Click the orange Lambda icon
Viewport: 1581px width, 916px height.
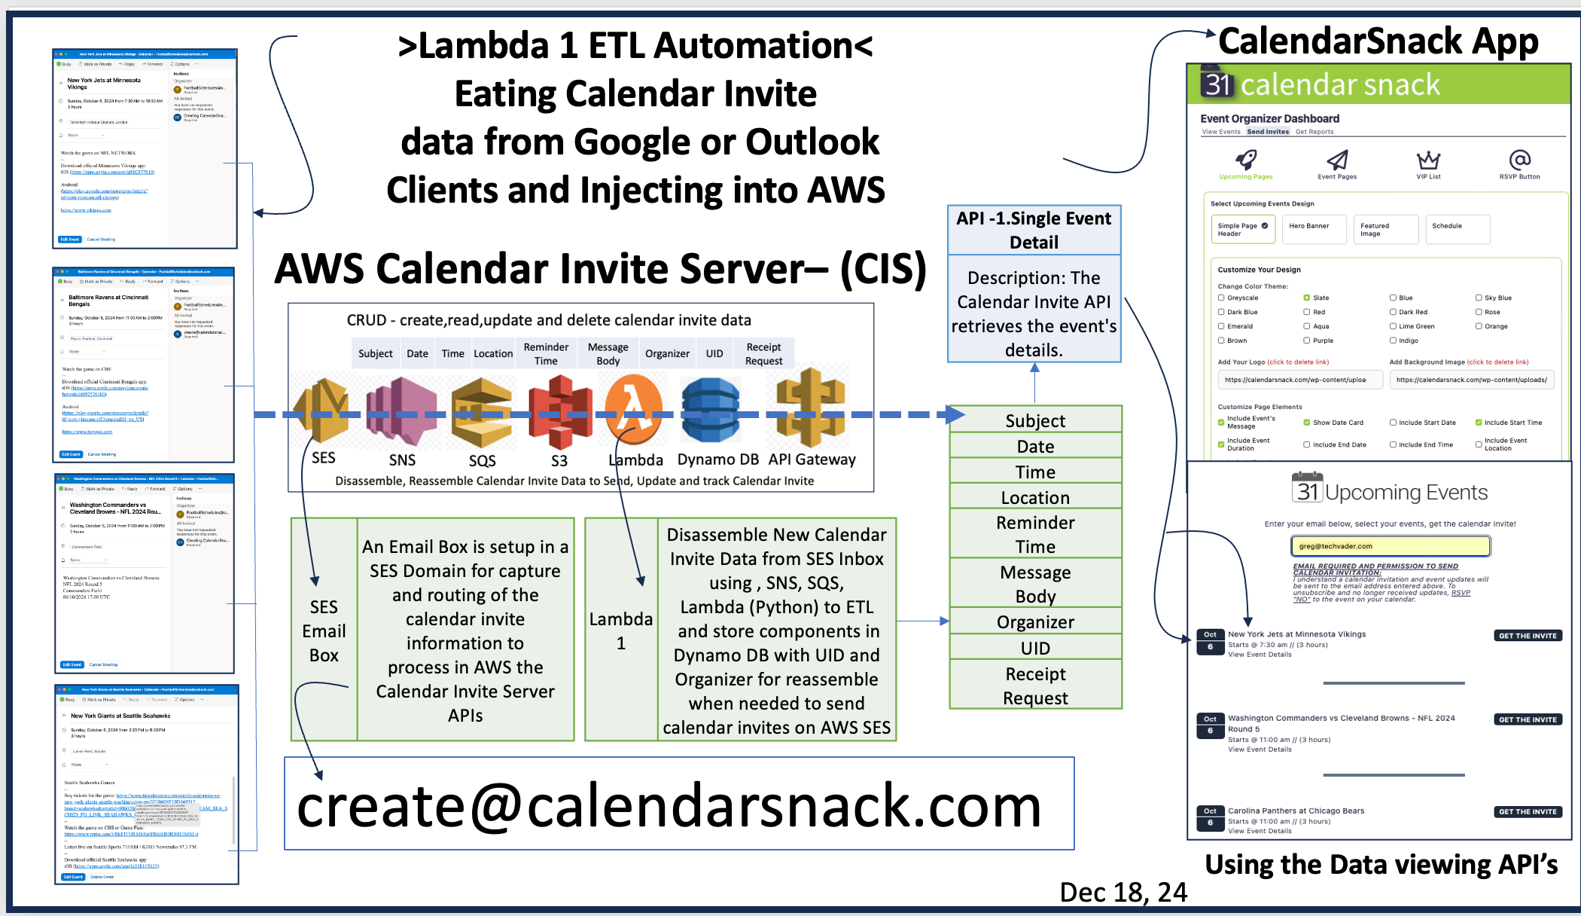634,411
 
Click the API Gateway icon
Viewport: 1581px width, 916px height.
811,411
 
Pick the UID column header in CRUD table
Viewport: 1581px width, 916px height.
714,353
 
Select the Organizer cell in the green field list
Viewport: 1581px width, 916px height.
1035,622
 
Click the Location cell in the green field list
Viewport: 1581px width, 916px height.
1035,498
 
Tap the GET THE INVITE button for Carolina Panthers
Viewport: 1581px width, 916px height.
1528,812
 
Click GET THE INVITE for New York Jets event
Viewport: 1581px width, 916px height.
1528,636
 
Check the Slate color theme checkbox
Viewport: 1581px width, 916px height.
1307,298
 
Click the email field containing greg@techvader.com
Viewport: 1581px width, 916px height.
1390,546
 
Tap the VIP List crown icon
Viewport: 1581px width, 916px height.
1428,160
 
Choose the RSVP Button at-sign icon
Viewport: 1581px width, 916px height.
1519,160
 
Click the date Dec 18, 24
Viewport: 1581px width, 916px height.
1123,893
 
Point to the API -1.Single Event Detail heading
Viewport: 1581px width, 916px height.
1034,230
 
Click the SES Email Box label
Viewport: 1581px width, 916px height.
324,631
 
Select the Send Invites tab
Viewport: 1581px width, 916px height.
1268,132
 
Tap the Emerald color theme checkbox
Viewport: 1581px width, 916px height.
1221,326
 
